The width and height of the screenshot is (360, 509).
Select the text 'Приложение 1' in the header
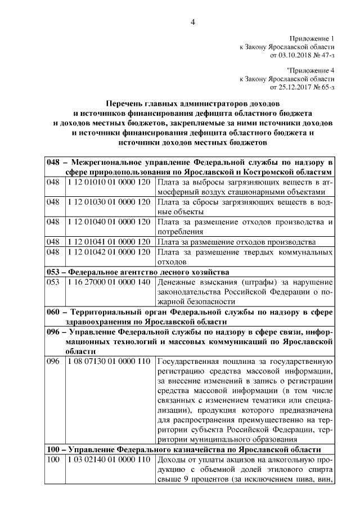[x=313, y=38]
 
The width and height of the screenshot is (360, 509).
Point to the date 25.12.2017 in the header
[x=292, y=88]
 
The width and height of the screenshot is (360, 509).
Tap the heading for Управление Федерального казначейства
[x=184, y=450]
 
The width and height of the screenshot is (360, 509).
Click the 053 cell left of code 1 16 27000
[x=53, y=281]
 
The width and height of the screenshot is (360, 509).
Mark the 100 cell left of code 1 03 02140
[x=53, y=460]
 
